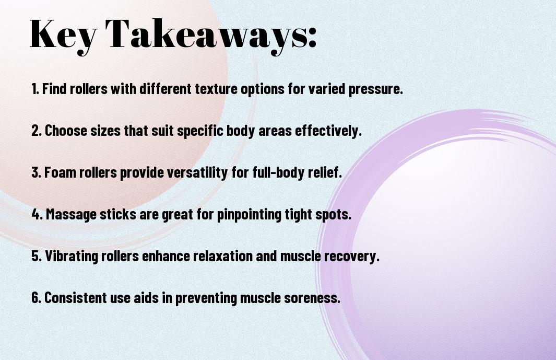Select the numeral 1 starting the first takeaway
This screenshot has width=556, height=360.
pos(34,89)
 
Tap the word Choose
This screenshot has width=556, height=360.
pos(66,131)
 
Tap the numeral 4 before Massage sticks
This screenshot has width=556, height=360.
pos(36,214)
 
